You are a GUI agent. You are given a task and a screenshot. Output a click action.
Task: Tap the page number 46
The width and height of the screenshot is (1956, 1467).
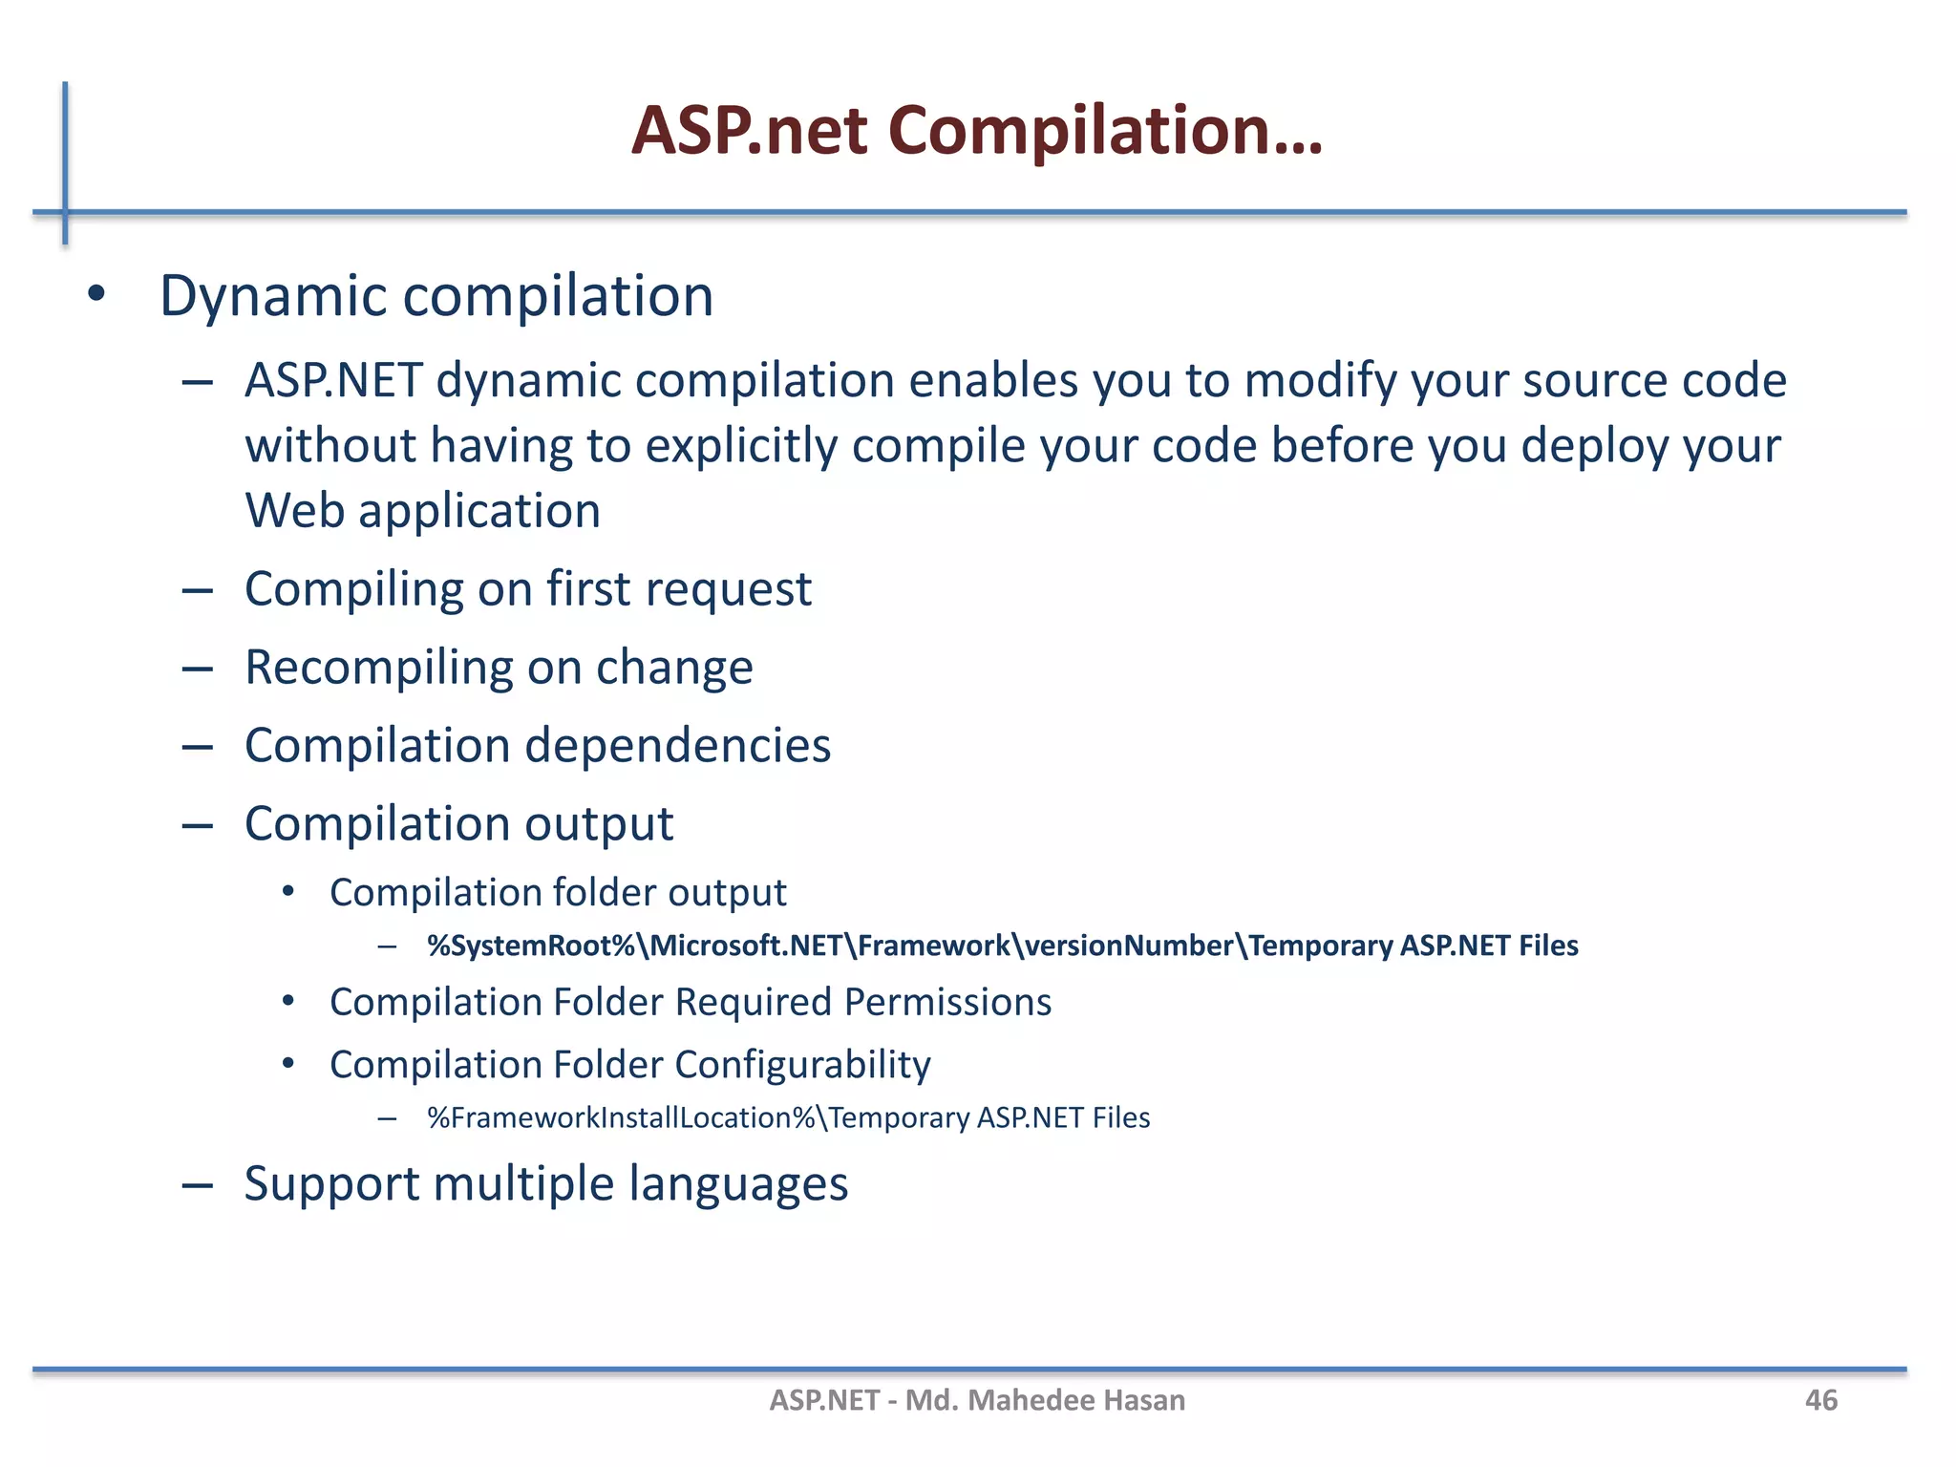[1820, 1400]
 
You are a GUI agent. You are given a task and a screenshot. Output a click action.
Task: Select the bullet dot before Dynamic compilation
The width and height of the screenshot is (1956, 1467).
[96, 294]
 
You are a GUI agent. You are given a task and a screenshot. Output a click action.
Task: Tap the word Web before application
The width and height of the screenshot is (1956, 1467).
[294, 511]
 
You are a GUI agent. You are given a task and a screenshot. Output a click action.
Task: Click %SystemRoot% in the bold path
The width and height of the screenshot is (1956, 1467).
[531, 946]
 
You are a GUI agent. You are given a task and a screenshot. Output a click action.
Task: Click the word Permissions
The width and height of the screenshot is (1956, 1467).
[947, 1002]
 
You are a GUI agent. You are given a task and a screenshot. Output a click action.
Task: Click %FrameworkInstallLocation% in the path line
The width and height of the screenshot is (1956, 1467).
[621, 1117]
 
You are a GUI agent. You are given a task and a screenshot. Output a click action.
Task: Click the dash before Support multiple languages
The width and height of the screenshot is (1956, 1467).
[198, 1185]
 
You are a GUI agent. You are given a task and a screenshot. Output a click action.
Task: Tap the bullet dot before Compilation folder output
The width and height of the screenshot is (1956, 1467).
[288, 892]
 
